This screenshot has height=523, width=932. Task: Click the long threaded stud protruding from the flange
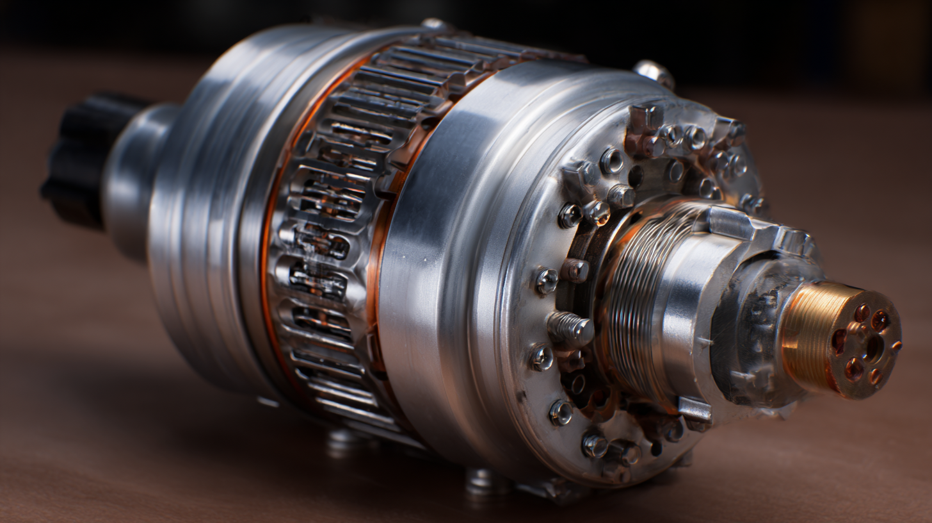pos(571,328)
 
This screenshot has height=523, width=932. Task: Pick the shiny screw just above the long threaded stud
pos(546,280)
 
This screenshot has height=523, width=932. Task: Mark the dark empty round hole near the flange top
pos(636,176)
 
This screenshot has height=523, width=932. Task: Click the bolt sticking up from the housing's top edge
pos(654,71)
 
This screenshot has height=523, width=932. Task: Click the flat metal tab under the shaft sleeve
pos(695,410)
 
